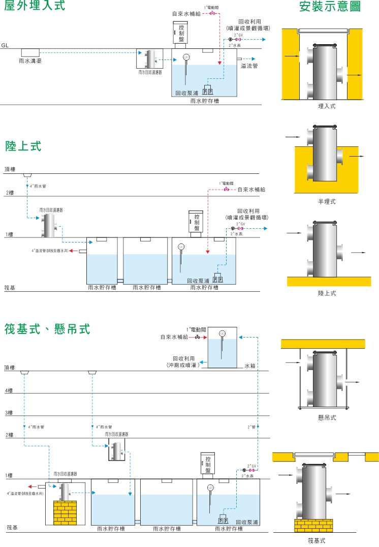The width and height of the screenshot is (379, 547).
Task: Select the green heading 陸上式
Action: (23, 146)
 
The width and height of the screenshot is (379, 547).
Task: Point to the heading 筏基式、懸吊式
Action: (47, 329)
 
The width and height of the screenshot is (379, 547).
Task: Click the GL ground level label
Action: (6, 45)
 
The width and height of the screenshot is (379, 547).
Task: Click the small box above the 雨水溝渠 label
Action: (30, 52)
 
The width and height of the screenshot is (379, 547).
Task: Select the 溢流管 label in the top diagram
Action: (249, 66)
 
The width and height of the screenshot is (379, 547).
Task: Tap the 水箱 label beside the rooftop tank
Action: (249, 366)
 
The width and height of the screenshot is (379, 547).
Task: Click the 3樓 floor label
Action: (9, 413)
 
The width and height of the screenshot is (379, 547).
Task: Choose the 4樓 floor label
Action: (9, 390)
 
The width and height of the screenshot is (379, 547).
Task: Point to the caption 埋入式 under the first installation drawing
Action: (326, 106)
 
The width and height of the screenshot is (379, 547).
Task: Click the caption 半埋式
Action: (326, 201)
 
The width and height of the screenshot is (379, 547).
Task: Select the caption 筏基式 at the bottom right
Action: (316, 540)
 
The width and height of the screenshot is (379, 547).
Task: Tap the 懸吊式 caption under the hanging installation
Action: (327, 417)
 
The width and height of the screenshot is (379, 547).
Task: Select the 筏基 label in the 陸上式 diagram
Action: (9, 288)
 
